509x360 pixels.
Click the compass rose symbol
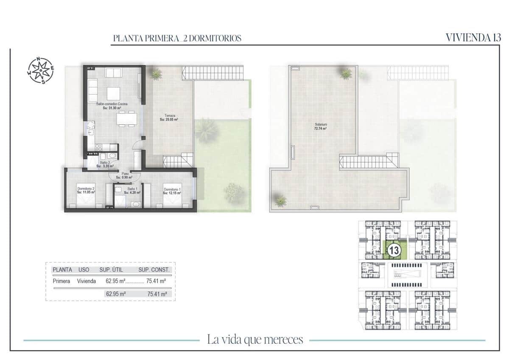tap(41, 70)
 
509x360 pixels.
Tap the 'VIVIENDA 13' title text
tap(473, 37)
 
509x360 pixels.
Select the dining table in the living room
tap(126, 119)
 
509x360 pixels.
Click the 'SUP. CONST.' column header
tap(154, 270)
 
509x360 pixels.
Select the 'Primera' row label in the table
tap(62, 281)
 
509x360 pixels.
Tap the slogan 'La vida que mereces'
tap(255, 340)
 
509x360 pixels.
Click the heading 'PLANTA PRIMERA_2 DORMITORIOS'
tap(177, 38)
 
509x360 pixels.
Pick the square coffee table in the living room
tap(114, 93)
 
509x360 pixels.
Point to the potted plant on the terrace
tap(157, 74)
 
